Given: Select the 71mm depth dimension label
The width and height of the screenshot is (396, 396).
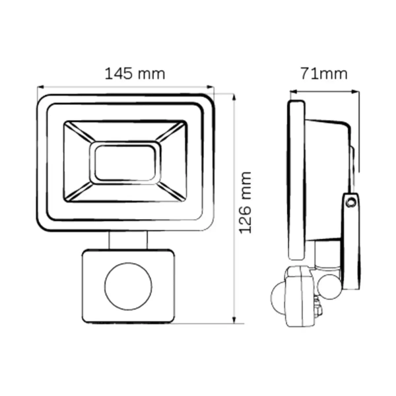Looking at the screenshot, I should tap(323, 73).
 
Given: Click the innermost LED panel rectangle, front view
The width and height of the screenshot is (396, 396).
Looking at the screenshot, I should tap(124, 162).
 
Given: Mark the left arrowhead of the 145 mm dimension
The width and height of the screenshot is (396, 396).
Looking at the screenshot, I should tap(40, 86).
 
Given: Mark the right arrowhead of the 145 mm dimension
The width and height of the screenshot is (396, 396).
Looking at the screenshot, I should tap(213, 86).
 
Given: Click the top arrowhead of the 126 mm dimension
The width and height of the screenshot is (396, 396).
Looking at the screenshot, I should tap(234, 96).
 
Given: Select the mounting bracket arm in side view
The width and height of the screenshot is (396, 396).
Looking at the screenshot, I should tap(350, 238).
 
